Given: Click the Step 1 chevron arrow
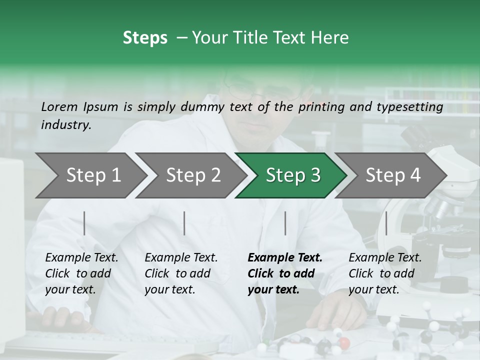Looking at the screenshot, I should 90,175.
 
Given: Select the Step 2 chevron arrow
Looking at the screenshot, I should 190,175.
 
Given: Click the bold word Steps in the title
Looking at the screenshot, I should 145,38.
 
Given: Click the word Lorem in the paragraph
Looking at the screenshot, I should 59,106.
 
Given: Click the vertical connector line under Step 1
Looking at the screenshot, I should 84,223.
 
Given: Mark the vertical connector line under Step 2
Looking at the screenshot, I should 184,223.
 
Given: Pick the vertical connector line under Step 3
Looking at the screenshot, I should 285,223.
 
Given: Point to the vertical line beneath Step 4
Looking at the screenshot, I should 386,223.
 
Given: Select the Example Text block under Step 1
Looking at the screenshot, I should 81,273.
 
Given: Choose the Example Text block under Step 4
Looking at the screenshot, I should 385,273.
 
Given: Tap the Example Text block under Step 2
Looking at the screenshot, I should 181,273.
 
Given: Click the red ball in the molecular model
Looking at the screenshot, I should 344,343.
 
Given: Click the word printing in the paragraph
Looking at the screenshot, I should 320,106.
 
